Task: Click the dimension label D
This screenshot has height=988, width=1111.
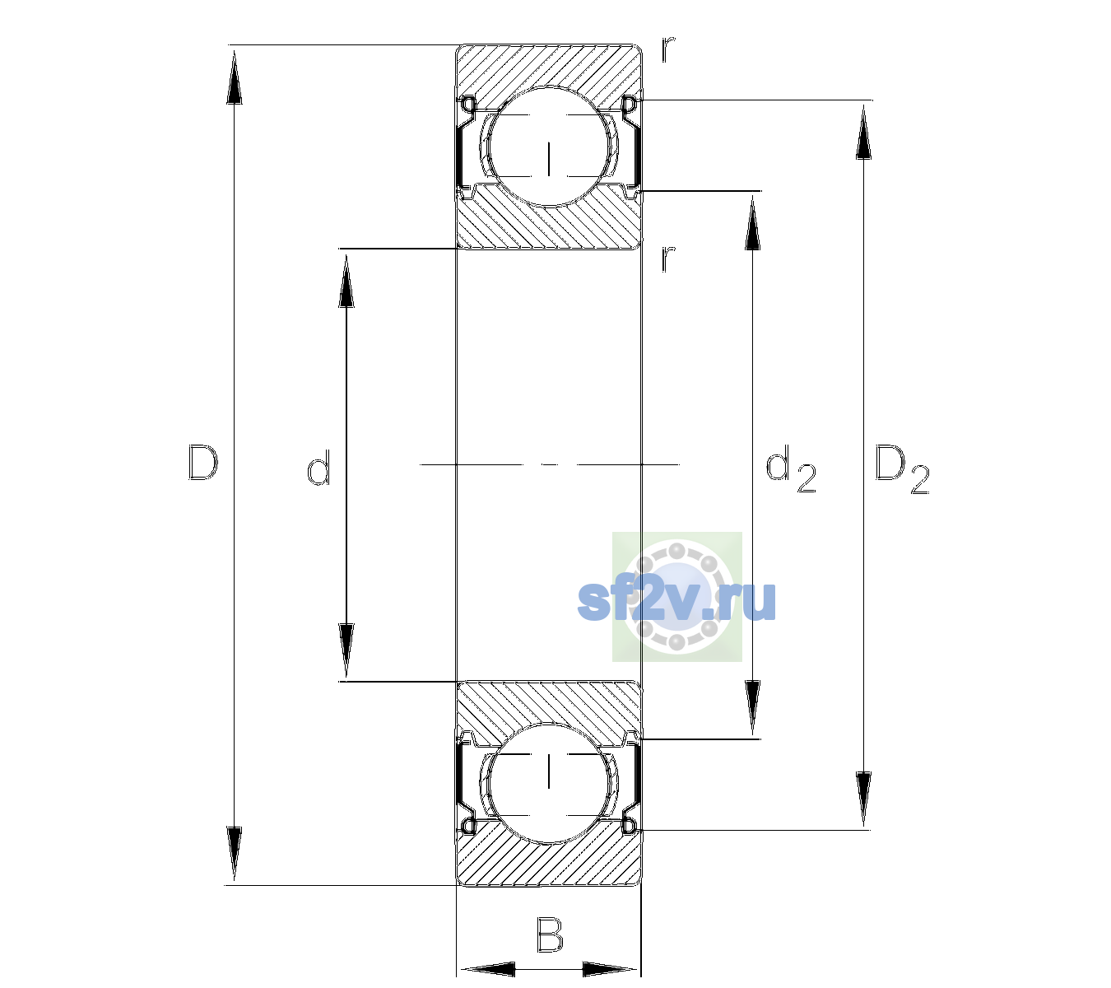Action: [203, 463]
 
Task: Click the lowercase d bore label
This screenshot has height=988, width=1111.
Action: [318, 467]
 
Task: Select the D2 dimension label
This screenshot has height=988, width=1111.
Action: [902, 469]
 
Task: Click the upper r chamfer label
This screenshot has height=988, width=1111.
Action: [668, 49]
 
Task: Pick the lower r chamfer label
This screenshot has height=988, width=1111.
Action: [668, 259]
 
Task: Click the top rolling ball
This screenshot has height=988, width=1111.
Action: [549, 147]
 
